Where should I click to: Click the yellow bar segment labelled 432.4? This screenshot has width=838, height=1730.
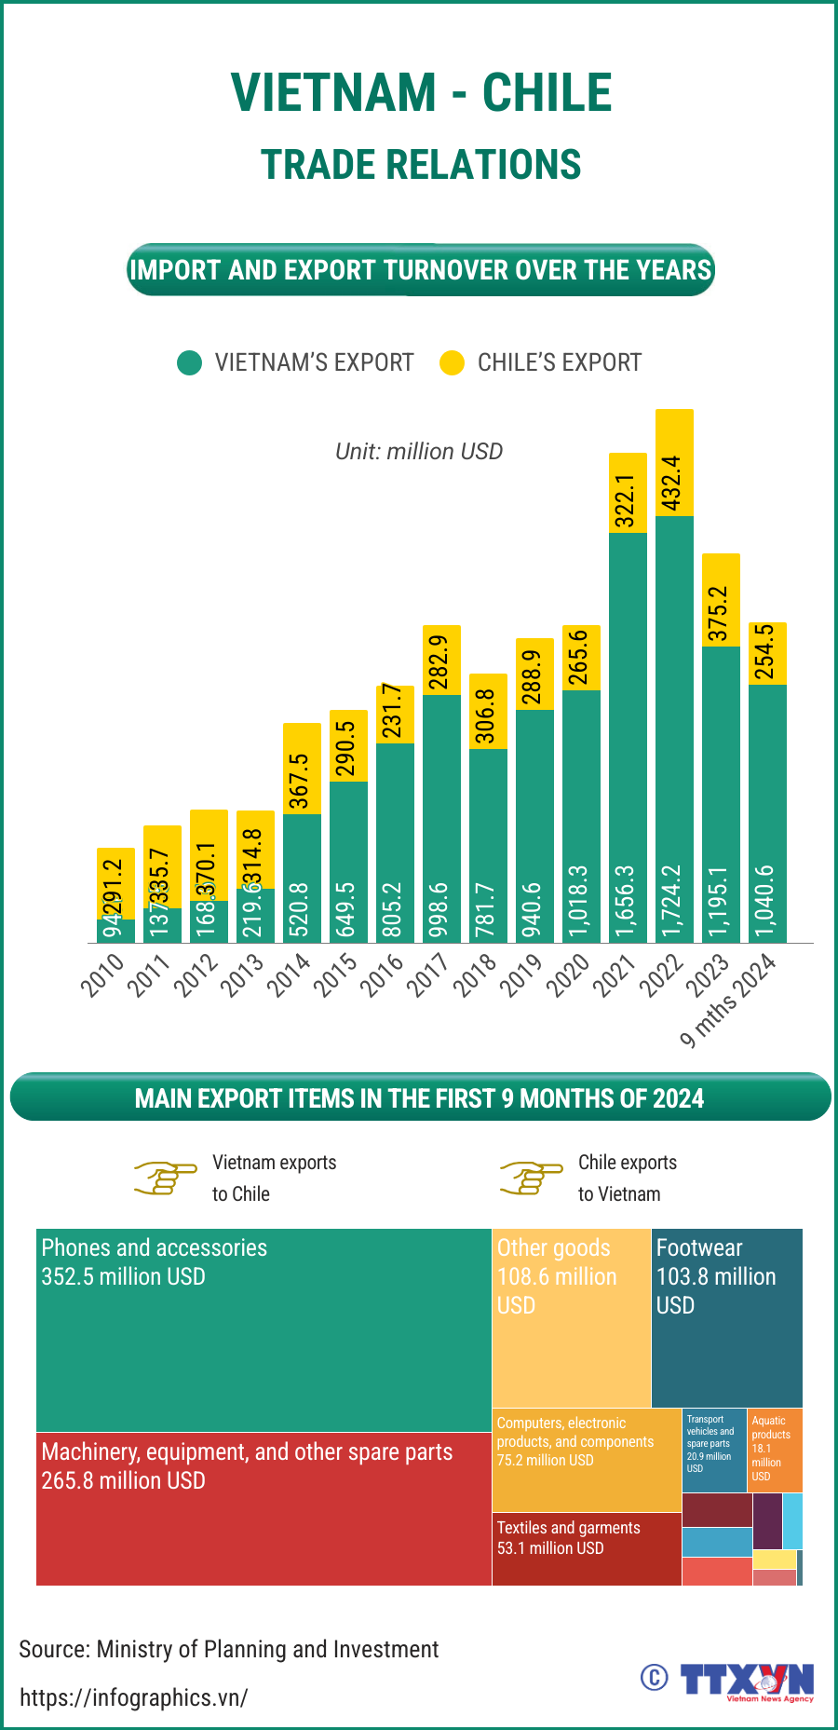pos(674,462)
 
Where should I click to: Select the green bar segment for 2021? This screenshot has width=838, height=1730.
pos(628,736)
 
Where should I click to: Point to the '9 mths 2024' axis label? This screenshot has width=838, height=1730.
pos(728,1001)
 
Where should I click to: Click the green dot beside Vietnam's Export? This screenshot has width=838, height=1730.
pos(189,362)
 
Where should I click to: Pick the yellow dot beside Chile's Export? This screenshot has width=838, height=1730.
pos(452,362)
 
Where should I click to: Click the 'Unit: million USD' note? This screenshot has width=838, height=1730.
pos(419,452)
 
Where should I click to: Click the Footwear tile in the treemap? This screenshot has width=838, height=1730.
pos(726,1317)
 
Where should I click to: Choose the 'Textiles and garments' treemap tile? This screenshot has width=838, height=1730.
pos(586,1547)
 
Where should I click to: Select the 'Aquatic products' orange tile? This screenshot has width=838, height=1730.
pos(775,1450)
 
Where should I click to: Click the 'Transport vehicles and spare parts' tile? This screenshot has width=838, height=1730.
pos(714,1450)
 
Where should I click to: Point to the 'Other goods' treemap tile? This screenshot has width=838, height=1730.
pos(571,1317)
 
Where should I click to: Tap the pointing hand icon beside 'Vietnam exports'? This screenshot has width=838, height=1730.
pos(166,1178)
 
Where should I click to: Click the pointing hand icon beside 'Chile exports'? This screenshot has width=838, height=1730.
pos(532,1178)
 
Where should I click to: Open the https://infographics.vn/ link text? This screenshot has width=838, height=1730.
pos(134,1697)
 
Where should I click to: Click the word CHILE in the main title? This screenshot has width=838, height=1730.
pos(547,93)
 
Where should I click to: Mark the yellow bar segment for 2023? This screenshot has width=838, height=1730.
pos(721,600)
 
